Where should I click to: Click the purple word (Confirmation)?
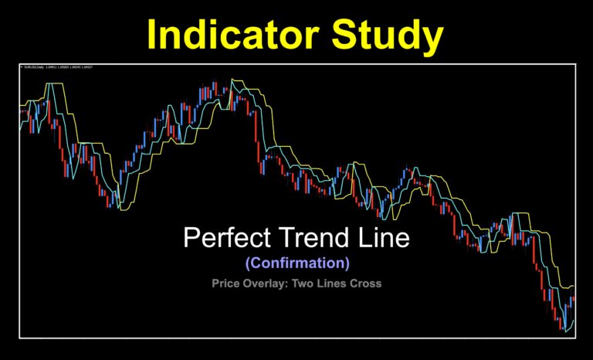tap(297, 263)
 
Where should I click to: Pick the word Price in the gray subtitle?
tap(227, 283)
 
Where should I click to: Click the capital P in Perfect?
tap(190, 237)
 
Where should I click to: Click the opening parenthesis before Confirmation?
tap(247, 263)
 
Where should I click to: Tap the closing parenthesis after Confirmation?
tap(347, 263)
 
